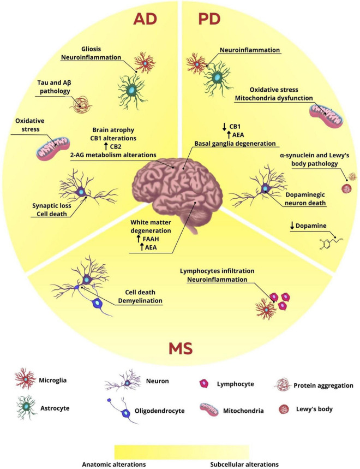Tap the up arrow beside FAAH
(140, 238)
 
